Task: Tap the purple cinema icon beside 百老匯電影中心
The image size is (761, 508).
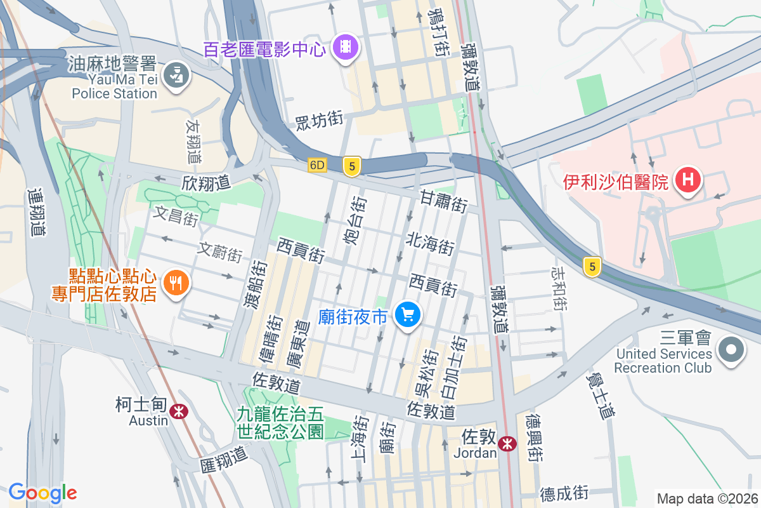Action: pos(346,46)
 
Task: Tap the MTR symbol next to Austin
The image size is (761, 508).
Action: pos(179,411)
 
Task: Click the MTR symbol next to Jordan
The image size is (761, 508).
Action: pos(507,443)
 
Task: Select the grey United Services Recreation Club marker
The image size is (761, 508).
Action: pos(731,350)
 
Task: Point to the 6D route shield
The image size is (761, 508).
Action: pos(317,165)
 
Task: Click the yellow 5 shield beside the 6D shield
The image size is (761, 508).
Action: pos(352,166)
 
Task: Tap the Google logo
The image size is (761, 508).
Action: pos(42,493)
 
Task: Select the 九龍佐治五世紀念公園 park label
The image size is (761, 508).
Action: pos(280,423)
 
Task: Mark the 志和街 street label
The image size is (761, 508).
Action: pos(559,288)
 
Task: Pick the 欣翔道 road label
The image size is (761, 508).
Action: pos(205,184)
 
